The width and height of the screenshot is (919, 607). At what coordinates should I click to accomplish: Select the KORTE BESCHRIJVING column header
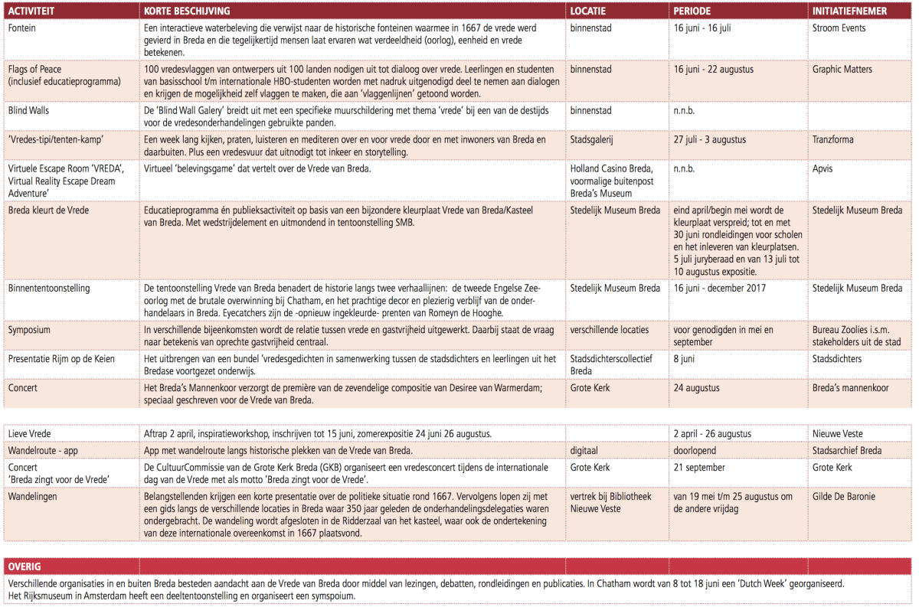coord(186,11)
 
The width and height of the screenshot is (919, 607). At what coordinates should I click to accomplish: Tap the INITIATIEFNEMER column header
coord(849,11)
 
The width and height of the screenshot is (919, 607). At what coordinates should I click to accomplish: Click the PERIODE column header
coord(692,11)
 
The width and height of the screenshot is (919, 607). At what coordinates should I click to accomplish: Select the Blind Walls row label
coord(29,110)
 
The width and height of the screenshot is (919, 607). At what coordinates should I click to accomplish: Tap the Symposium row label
coord(29,330)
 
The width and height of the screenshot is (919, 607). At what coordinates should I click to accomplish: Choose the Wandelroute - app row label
coord(43,450)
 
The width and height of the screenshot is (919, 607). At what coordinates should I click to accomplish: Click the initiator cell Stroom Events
coord(839,28)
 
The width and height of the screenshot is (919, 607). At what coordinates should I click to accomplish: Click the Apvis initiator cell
coord(823,168)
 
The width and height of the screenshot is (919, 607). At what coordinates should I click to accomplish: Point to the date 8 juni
coord(685,358)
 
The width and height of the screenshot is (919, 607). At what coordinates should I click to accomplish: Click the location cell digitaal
coord(586,450)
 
